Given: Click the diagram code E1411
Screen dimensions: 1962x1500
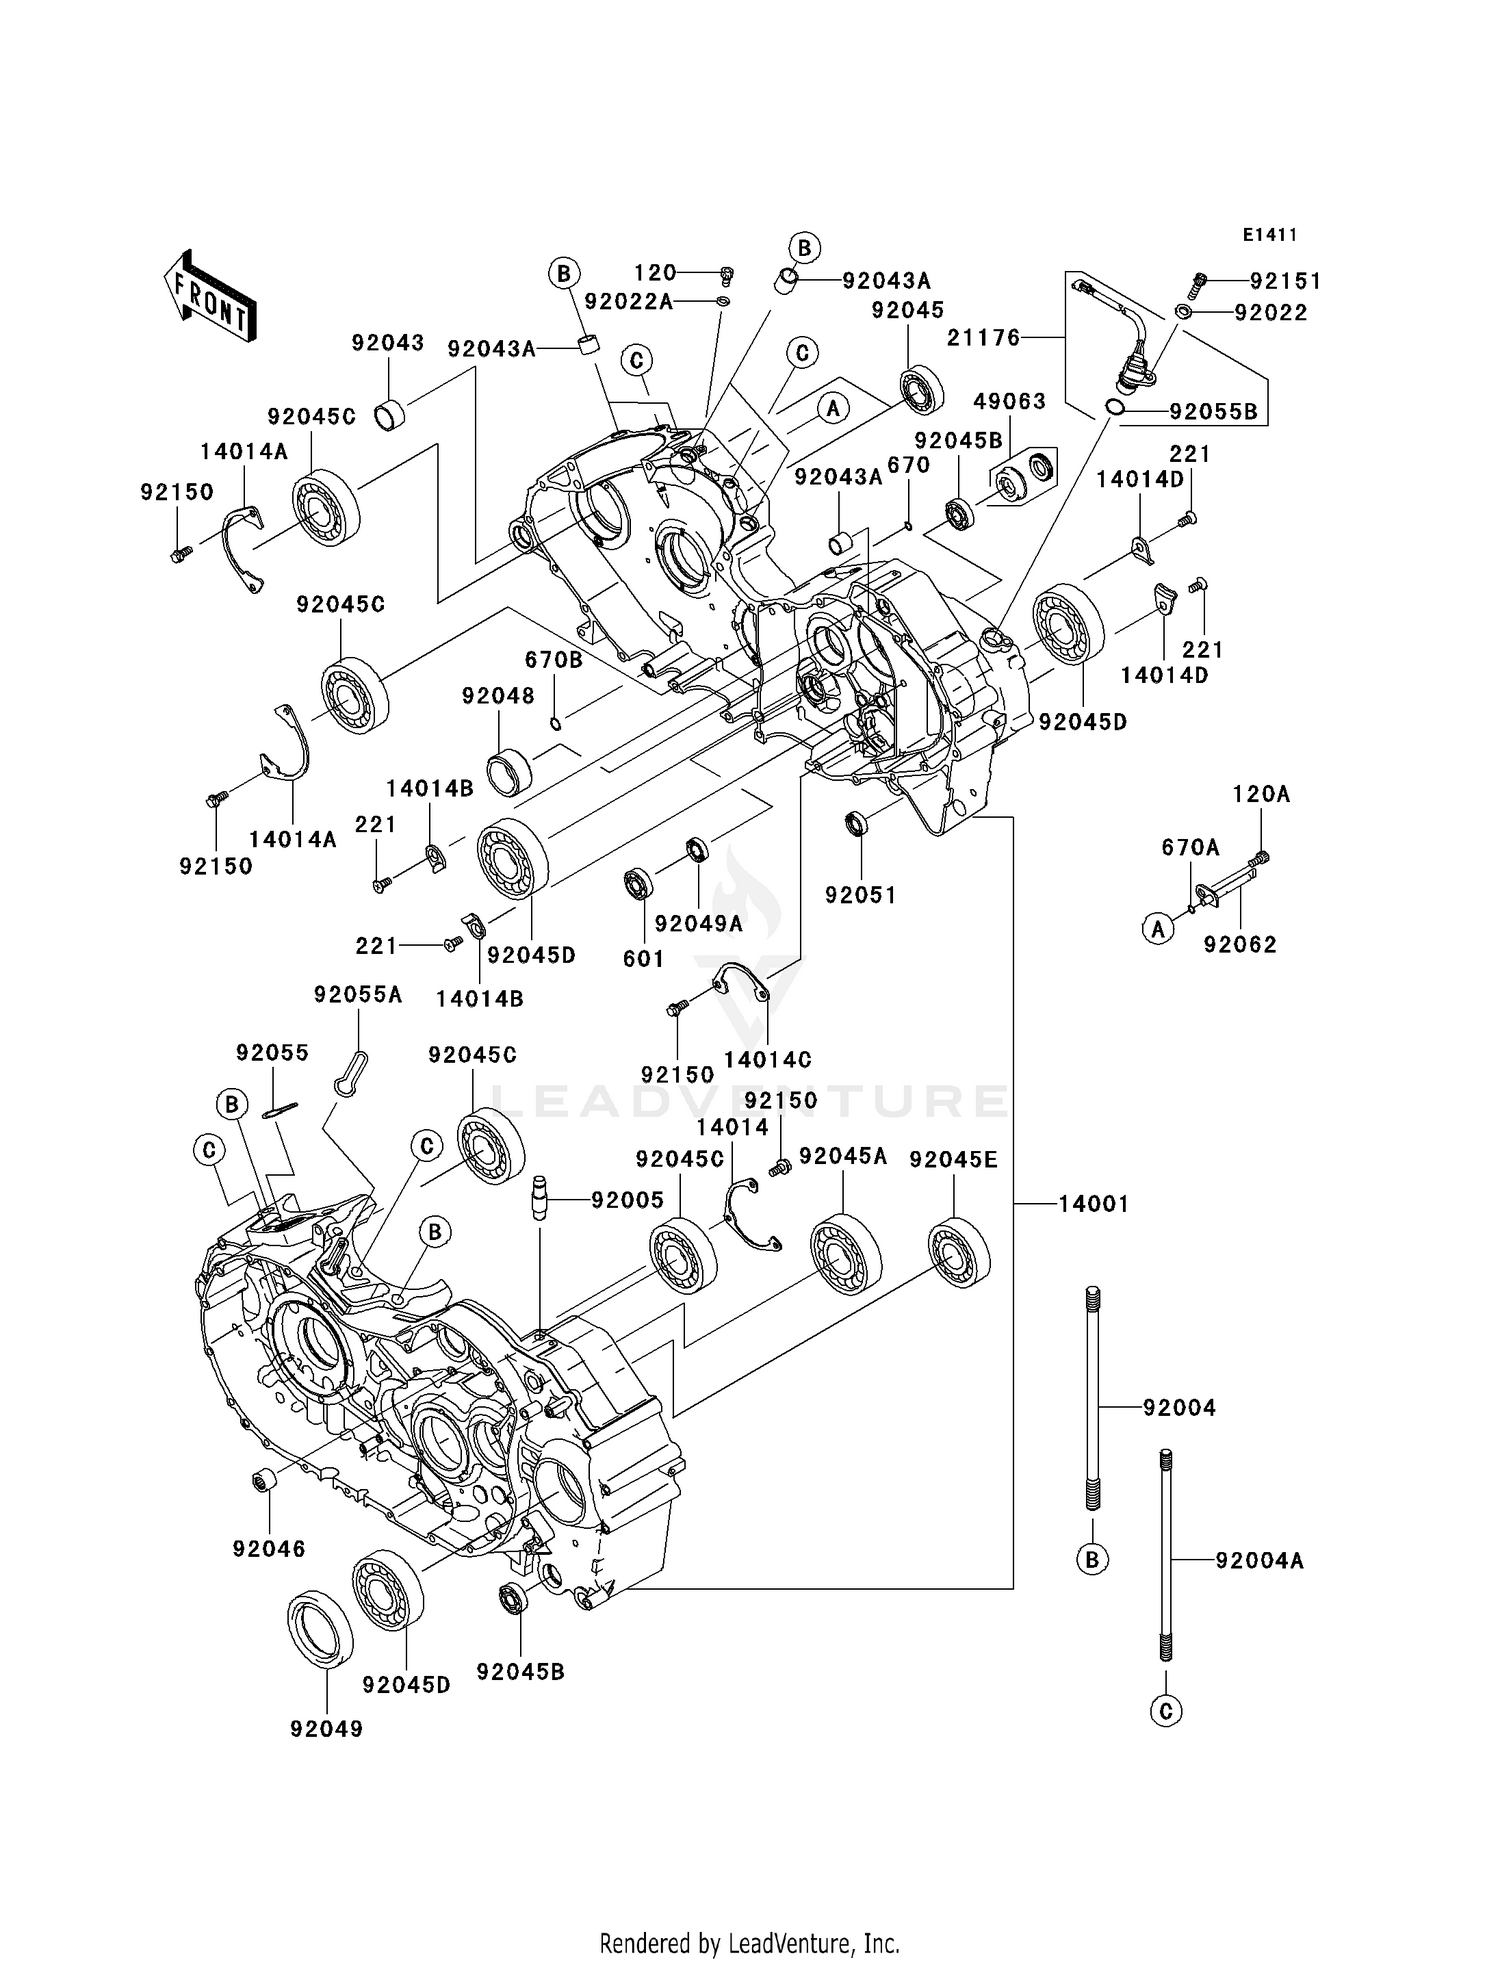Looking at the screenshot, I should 1269,235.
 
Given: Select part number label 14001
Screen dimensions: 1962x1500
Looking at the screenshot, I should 1093,1204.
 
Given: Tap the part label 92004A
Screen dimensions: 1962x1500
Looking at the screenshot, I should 1259,1560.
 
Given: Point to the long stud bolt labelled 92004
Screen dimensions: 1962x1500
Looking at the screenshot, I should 1092,1400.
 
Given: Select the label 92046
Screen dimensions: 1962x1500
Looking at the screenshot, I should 269,1548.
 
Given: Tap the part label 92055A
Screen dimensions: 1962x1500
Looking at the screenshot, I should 358,994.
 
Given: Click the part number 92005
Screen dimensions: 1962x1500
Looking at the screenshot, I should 627,1199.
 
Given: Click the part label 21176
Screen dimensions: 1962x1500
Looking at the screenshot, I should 984,338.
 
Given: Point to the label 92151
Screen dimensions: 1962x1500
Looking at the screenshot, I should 1285,282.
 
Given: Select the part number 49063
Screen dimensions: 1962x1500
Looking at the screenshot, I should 1010,401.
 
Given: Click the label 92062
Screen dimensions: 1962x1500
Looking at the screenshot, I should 1240,944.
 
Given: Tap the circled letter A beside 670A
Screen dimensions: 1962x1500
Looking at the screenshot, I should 1157,929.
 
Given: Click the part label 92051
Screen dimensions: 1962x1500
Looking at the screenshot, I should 860,895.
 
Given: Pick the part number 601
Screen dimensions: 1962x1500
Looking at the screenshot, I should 643,958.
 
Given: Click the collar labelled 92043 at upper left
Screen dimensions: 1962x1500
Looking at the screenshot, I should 388,415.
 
